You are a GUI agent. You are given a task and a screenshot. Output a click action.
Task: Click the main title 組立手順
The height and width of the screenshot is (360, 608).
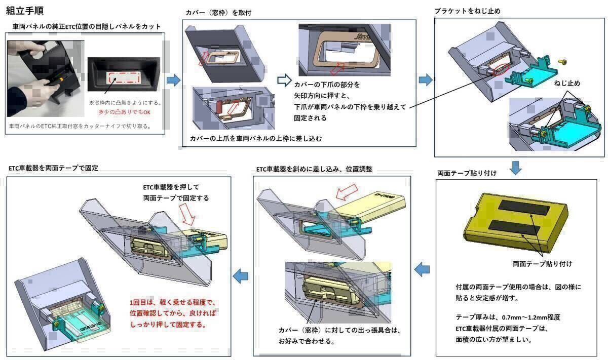(x=27, y=10)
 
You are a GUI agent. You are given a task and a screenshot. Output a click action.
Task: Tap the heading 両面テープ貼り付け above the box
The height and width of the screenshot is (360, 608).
(x=467, y=173)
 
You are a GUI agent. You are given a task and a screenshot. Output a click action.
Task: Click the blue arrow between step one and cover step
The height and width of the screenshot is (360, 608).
(x=173, y=80)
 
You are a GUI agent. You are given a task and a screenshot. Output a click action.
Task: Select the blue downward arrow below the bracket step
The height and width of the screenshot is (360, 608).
(x=515, y=167)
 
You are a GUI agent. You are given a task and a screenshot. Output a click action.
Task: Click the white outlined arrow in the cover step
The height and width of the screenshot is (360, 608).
(x=285, y=80)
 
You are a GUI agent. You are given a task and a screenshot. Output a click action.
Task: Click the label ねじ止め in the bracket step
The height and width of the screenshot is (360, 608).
(x=567, y=84)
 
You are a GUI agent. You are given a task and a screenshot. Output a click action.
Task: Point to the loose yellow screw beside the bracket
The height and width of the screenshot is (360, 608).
(x=562, y=62)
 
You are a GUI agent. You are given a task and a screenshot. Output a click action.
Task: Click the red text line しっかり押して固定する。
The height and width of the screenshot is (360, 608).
(x=168, y=325)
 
